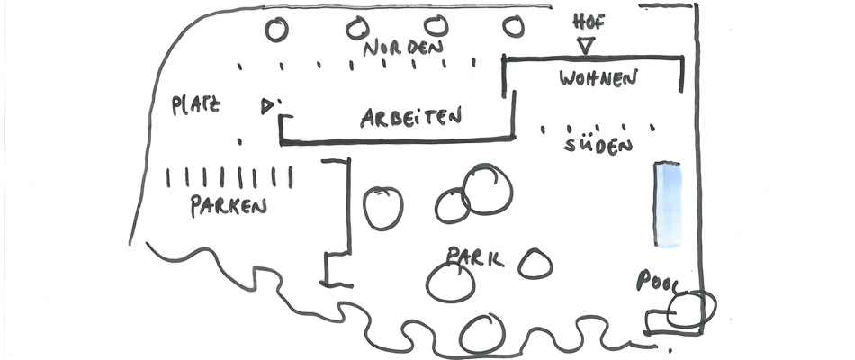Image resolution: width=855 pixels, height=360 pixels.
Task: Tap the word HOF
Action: [x=589, y=22]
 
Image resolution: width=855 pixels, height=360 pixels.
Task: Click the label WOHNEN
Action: [x=598, y=78]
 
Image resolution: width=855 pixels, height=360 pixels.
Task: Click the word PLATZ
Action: [x=195, y=105]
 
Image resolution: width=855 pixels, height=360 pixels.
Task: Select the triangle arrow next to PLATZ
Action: [x=266, y=106]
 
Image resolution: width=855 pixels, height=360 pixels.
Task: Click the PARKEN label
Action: [x=229, y=206]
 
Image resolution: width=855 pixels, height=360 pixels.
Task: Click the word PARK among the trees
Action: [x=475, y=258]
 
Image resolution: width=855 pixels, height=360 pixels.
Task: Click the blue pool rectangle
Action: [x=667, y=204]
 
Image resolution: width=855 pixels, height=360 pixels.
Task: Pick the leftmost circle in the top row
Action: [x=277, y=29]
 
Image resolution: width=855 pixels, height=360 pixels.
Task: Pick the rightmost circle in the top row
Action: [x=513, y=27]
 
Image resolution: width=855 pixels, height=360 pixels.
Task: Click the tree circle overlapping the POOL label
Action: [x=690, y=309]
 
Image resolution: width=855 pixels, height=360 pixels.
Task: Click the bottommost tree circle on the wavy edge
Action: [x=481, y=334]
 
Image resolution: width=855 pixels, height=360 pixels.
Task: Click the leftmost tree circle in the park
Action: [x=382, y=208]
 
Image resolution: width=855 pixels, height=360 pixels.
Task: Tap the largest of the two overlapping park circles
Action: [x=489, y=189]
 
